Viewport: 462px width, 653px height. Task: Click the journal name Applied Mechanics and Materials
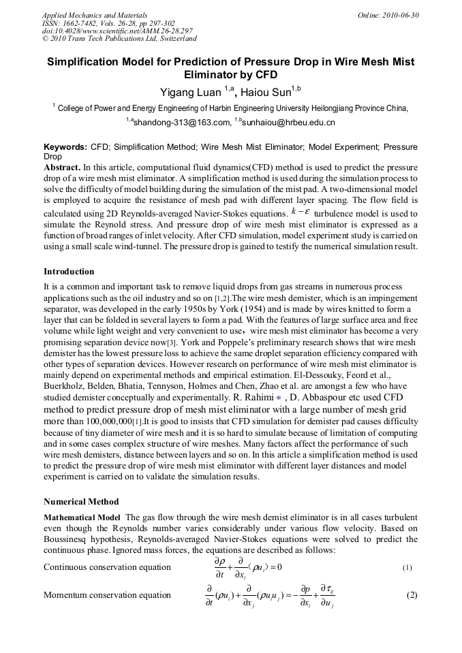point(95,15)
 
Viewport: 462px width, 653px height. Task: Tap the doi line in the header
point(117,31)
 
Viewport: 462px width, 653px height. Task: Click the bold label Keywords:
point(65,147)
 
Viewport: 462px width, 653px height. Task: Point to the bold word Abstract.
point(61,167)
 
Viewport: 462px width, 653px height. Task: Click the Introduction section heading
point(69,272)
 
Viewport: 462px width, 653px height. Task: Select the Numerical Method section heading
point(81,502)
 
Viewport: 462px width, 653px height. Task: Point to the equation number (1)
point(407,567)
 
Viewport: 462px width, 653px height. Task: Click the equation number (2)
point(411,594)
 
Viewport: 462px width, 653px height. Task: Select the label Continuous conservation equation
point(107,567)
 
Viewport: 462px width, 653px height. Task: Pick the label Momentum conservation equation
point(107,595)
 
